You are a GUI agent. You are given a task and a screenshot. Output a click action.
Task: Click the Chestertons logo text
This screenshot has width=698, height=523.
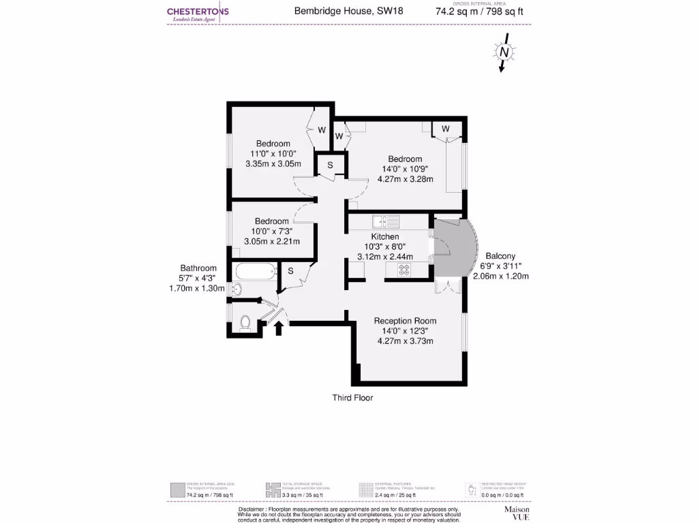pos(198,12)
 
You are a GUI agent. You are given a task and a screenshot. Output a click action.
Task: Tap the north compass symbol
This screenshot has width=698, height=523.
pos(504,52)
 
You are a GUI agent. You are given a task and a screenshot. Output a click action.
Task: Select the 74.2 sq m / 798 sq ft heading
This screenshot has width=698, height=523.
pos(480,11)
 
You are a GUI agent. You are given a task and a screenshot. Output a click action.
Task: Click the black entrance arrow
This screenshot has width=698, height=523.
pos(278,328)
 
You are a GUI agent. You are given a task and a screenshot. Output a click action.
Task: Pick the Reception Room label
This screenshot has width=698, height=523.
pos(405,321)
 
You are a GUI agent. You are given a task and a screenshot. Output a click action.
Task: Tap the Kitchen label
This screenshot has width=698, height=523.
pos(385,236)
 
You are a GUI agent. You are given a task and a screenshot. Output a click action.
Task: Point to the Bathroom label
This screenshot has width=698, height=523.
pos(198,268)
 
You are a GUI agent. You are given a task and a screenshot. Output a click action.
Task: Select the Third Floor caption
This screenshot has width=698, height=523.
pos(352,398)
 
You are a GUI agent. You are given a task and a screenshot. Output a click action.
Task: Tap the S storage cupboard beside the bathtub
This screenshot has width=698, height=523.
pos(290,271)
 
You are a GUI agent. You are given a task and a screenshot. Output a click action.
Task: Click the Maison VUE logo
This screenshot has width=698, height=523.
pos(517,513)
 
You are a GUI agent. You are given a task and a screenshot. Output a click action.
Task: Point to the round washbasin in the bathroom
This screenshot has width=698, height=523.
pos(237,289)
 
